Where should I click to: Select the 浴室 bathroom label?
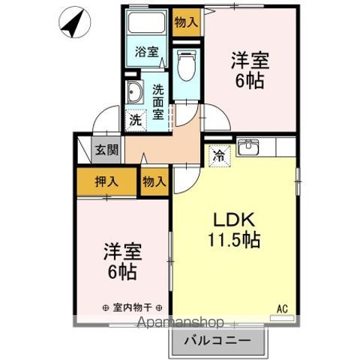tap(146, 52)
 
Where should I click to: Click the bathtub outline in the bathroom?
tap(147, 22)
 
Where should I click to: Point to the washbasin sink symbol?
tap(135, 94)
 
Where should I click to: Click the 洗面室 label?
tap(158, 101)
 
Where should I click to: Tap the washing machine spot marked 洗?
tap(135, 118)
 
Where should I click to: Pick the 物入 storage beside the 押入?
tap(154, 181)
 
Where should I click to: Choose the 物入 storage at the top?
tap(185, 21)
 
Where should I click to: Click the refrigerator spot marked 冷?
tap(218, 157)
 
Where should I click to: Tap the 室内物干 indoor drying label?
tap(133, 307)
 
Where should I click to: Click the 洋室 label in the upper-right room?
tap(249, 60)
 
